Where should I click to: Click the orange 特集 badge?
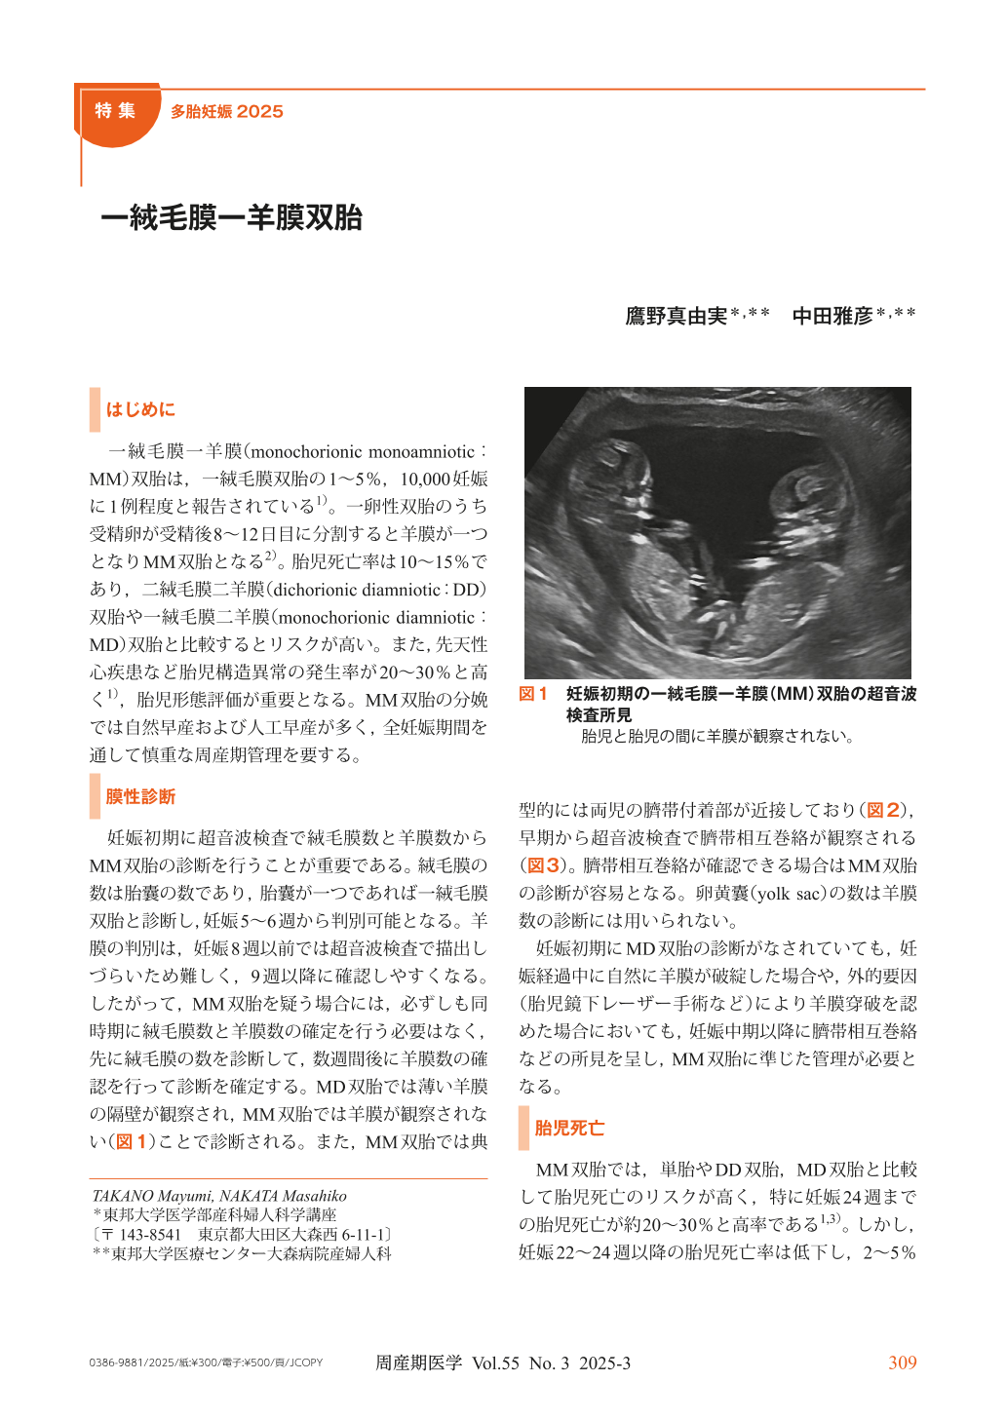(x=115, y=111)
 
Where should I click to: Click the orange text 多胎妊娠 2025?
(x=226, y=112)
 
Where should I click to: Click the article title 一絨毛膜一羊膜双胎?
(x=231, y=217)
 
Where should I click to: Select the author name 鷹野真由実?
(x=677, y=316)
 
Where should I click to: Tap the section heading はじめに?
(x=140, y=409)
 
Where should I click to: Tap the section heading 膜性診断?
(x=140, y=796)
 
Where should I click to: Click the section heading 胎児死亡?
(x=569, y=1128)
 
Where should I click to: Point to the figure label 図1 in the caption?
(x=532, y=694)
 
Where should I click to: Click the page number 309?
(x=902, y=1362)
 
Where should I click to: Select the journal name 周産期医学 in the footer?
(x=418, y=1362)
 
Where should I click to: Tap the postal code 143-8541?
(x=150, y=1234)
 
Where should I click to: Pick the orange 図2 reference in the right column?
(x=883, y=810)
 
